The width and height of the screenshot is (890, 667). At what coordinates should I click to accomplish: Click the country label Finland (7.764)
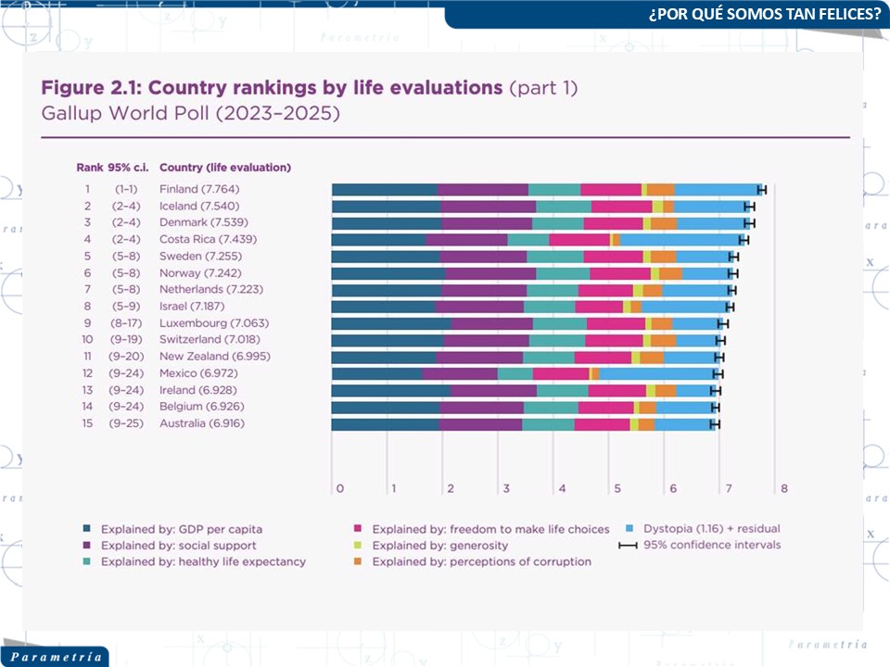coord(199,189)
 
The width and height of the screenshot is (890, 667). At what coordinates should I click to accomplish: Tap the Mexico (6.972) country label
coord(196,372)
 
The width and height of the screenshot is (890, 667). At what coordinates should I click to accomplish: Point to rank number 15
coord(87,422)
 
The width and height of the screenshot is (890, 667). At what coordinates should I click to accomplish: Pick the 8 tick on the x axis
coord(784,488)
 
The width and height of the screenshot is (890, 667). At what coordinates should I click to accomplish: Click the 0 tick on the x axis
coord(339,488)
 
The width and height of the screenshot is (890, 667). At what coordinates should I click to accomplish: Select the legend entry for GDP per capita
coord(182,529)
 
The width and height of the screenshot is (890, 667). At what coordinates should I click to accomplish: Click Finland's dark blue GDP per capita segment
coord(385,189)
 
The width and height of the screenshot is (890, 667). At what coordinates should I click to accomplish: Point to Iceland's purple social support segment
coord(489,206)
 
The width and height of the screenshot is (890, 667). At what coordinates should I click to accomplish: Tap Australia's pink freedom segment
coord(602,423)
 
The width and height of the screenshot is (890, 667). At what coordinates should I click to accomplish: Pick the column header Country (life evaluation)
coord(225,168)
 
